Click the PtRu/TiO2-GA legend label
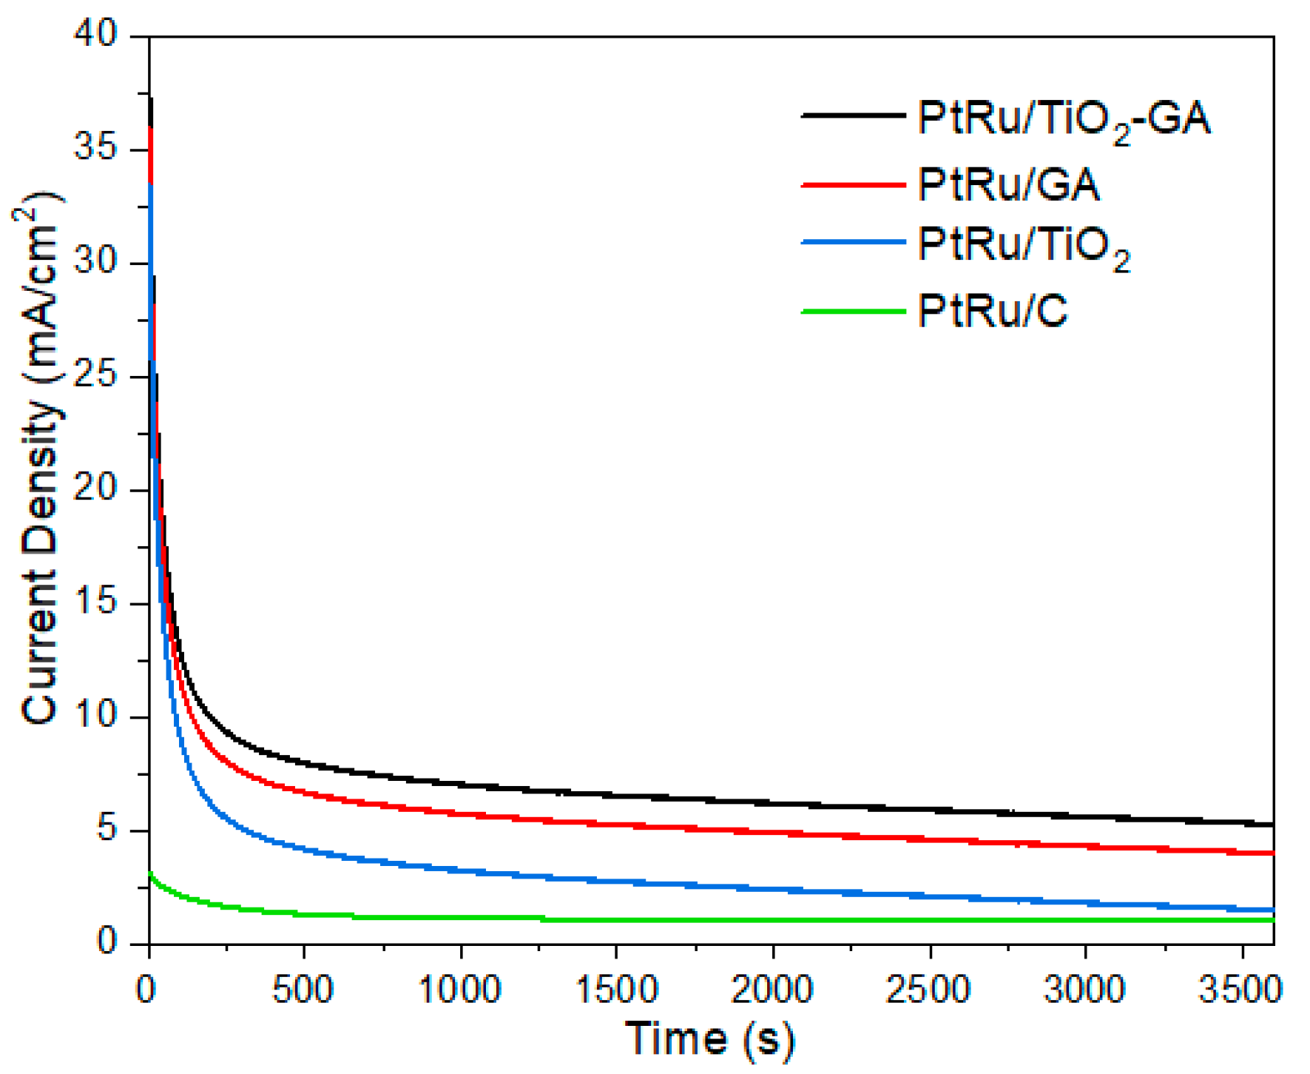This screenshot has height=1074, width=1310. coord(1064,118)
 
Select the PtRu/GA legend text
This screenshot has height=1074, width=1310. coord(1008,184)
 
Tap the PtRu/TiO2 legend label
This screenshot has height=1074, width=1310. coord(1024,246)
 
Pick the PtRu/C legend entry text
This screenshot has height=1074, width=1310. coord(993,310)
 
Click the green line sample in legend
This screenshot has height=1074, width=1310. coord(853,312)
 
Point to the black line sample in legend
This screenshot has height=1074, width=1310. coord(853,115)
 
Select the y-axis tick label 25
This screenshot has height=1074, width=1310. coord(95,375)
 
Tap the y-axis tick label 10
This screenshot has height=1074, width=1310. coord(95,716)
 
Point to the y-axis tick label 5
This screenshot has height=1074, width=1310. coord(107,829)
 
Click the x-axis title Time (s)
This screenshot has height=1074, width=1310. coord(709,1038)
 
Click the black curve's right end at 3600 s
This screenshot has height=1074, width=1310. coord(1271,824)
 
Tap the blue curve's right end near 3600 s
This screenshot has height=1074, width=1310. coord(1271,910)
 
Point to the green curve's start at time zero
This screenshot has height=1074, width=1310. coord(151,875)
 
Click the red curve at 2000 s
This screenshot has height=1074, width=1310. coord(773,833)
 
